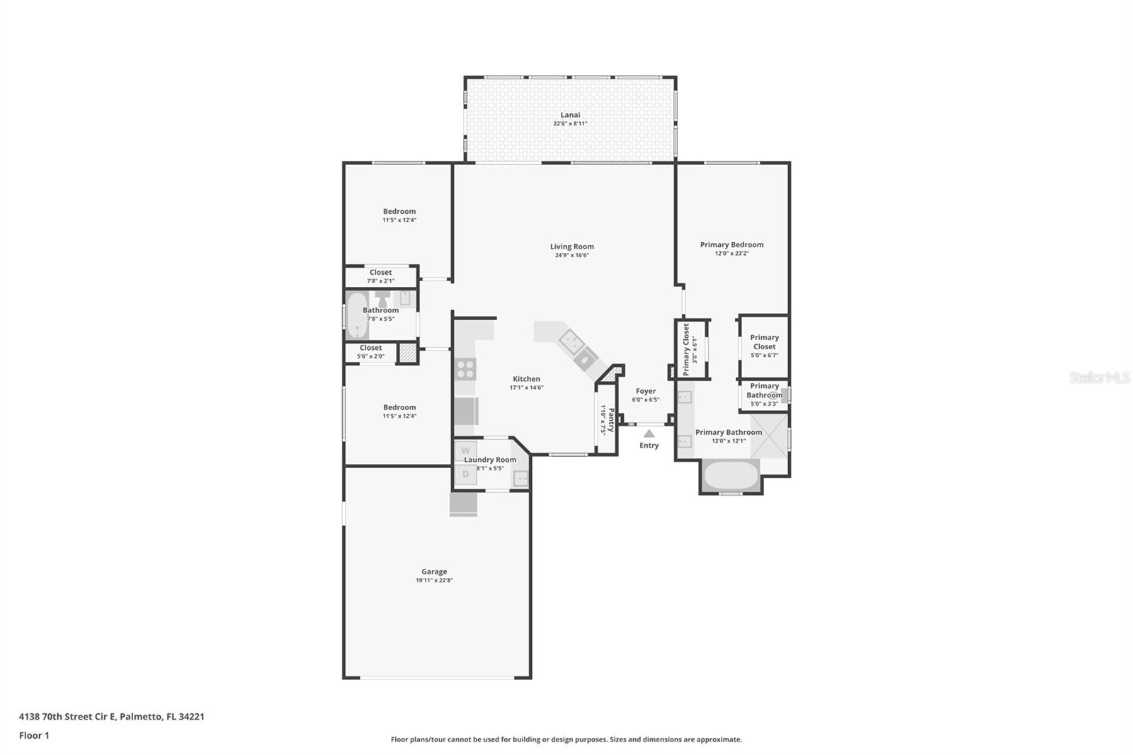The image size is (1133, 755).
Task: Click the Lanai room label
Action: point(570,115)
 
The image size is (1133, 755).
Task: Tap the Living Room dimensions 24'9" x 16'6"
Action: point(572,255)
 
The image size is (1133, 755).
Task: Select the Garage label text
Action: point(434,572)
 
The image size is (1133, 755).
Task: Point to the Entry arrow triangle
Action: point(649,433)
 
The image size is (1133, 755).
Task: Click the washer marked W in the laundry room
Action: point(465,450)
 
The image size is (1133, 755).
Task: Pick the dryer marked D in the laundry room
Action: point(465,475)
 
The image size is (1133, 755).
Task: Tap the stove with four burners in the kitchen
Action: point(465,369)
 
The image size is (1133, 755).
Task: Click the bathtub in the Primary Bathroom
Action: point(731,475)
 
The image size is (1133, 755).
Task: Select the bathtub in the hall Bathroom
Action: point(357,315)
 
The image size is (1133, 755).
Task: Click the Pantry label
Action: point(611,420)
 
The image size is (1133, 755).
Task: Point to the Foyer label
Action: point(645,391)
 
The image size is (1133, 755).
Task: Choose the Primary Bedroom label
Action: point(731,244)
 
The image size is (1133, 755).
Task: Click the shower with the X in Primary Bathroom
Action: point(769,436)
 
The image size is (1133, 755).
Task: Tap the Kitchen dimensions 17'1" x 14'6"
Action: point(527,387)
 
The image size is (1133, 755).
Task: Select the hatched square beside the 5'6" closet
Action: point(406,353)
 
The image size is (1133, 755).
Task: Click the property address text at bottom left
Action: point(112,717)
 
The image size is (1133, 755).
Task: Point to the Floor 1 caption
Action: point(34,736)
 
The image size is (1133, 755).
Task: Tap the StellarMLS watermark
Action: point(1099,377)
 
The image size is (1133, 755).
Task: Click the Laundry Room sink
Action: point(520,478)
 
